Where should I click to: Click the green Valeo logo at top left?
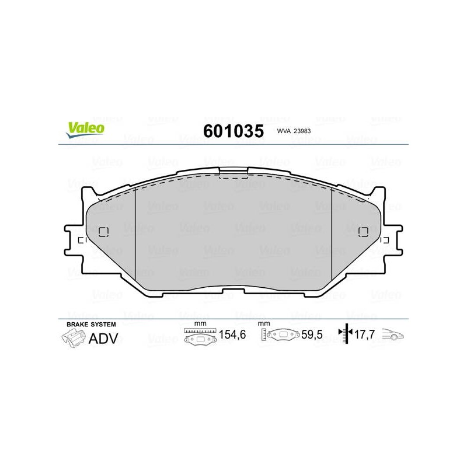85,130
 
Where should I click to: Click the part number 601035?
233,131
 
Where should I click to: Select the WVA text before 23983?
284,131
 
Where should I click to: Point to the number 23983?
302,131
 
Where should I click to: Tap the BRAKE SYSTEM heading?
91,325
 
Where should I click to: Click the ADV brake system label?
103,339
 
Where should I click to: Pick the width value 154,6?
232,334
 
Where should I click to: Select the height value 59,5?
312,334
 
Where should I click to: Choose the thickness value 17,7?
364,334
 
